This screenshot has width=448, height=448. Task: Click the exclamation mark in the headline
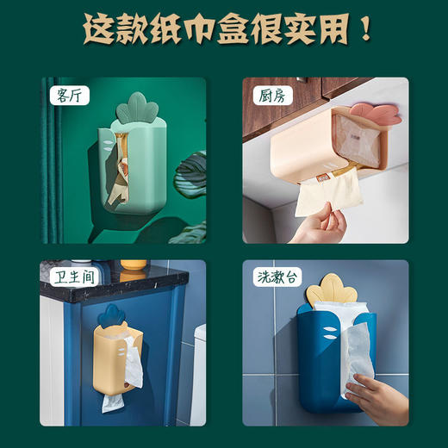(x=365, y=31)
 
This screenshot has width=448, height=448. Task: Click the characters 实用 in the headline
(x=318, y=31)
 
